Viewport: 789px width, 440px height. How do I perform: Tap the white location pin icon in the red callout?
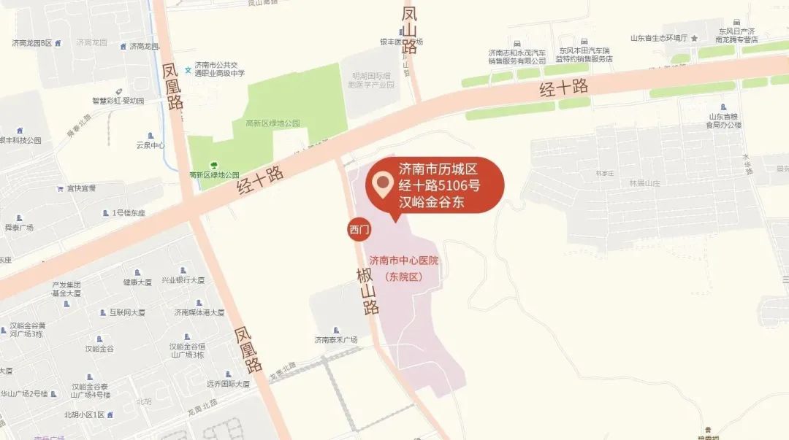[381, 185]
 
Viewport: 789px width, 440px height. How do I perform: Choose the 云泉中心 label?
[150, 144]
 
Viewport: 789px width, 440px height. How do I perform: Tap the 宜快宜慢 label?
[81, 188]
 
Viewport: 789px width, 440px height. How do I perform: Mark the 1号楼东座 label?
[129, 213]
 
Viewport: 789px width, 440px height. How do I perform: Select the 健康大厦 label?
[137, 282]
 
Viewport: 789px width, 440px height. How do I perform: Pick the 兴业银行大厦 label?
[183, 280]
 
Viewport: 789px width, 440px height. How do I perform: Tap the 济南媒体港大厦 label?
[198, 312]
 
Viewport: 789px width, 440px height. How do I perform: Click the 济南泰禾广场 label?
[335, 339]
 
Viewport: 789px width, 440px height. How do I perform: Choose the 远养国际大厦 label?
[227, 383]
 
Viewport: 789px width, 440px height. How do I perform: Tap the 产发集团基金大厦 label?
[66, 288]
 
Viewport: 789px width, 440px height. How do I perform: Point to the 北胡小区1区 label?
[85, 414]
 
